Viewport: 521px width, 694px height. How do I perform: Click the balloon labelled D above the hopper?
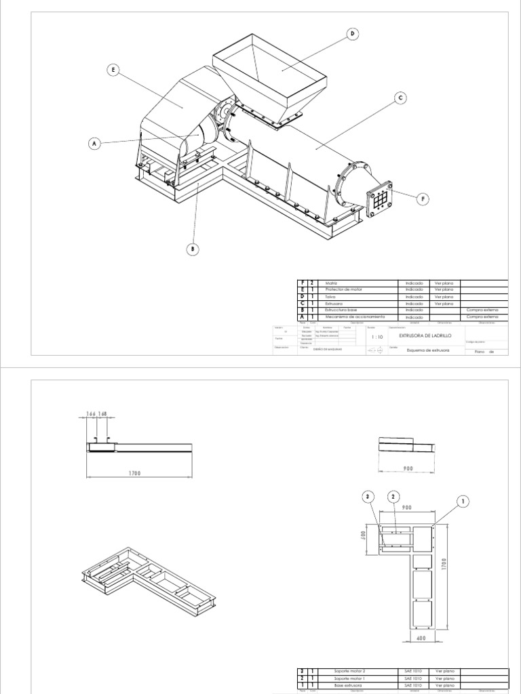click(352, 35)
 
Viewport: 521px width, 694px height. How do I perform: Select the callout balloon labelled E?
click(113, 69)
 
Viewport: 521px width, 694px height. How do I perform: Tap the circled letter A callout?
click(94, 144)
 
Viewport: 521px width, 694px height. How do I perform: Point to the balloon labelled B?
click(192, 249)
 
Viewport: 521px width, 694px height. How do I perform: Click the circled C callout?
click(400, 98)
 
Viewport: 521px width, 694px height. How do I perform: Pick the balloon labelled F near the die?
click(423, 199)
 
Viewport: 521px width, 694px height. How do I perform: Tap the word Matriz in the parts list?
click(332, 284)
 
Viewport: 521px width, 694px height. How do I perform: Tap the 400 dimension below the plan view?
click(422, 638)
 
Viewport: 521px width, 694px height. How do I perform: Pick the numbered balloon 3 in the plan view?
click(368, 497)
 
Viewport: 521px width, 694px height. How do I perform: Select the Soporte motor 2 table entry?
click(350, 671)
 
